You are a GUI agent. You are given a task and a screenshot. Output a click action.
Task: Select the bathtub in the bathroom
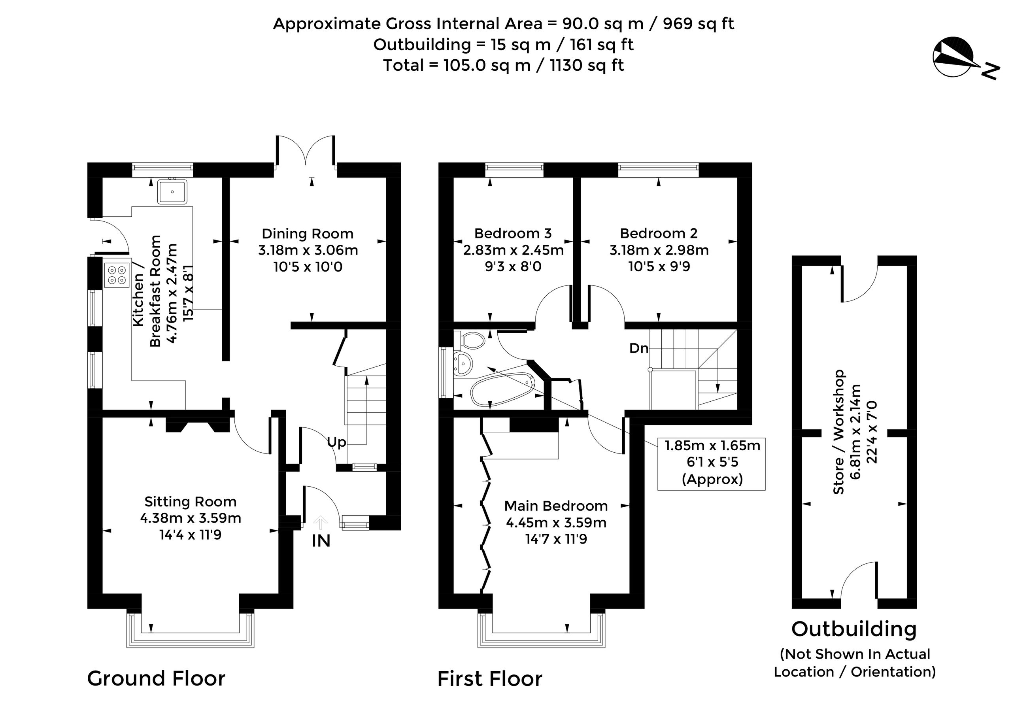click(x=502, y=389)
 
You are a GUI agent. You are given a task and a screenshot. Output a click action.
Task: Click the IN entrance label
click(x=321, y=541)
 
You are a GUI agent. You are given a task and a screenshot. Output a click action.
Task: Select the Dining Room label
click(x=308, y=234)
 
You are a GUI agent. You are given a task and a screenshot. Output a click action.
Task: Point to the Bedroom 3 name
click(x=513, y=233)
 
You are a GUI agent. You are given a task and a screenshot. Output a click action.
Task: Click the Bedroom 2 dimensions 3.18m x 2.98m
click(x=659, y=250)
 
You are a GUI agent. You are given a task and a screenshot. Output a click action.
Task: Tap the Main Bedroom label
click(x=556, y=506)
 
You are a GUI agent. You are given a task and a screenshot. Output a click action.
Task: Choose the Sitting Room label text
click(x=191, y=502)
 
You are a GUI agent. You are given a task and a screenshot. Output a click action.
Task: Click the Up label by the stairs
click(x=337, y=442)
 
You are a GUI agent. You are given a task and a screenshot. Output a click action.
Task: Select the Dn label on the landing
click(x=639, y=349)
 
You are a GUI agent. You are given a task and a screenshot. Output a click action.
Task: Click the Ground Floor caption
click(x=157, y=678)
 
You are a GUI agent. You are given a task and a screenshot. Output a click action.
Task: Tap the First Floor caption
click(x=490, y=679)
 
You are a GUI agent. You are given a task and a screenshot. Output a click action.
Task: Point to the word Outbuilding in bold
click(x=854, y=629)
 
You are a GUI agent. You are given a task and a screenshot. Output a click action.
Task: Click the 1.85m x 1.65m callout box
click(x=712, y=464)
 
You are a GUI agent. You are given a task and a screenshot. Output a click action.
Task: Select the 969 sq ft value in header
click(x=699, y=24)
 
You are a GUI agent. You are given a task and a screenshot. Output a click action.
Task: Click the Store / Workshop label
click(x=838, y=432)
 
